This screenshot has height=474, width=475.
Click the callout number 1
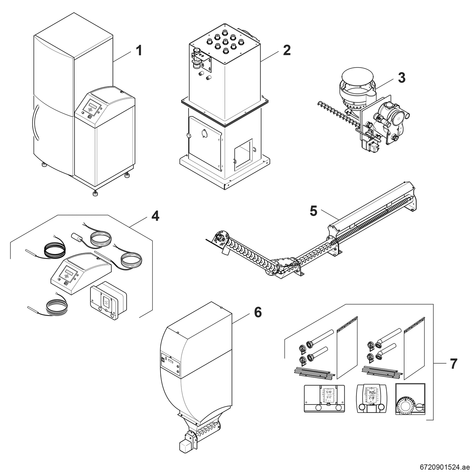[x=139, y=50]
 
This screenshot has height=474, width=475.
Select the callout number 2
[x=287, y=50]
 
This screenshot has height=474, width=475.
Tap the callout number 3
[x=401, y=78]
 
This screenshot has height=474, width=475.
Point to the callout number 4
[x=155, y=216]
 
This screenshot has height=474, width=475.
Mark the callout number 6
[x=258, y=312]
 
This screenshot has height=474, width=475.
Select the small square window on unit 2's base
[x=243, y=154]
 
